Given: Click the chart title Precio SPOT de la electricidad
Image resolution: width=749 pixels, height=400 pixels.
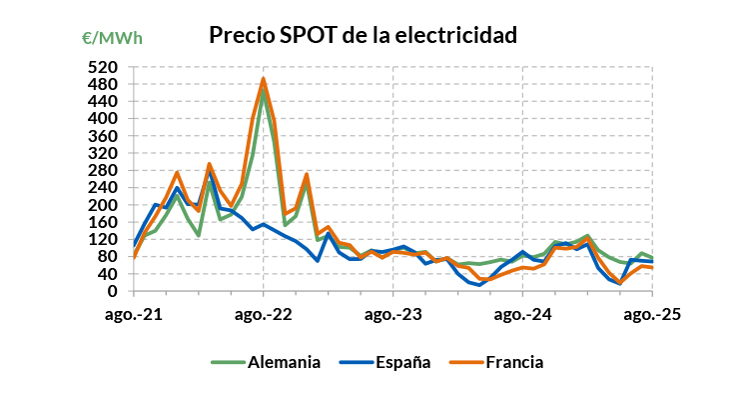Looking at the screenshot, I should (x=363, y=36).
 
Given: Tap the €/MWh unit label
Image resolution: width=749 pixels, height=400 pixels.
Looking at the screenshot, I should (x=112, y=39).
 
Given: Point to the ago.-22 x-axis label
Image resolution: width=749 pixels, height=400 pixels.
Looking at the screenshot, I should (x=263, y=314).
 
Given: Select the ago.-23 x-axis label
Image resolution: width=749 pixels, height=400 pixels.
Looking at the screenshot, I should (x=392, y=314).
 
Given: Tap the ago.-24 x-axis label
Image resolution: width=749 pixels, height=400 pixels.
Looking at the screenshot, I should (x=522, y=314).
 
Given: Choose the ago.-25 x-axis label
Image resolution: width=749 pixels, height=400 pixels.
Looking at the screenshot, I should (x=652, y=314).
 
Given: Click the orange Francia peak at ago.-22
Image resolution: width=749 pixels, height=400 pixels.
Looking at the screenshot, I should (x=263, y=79).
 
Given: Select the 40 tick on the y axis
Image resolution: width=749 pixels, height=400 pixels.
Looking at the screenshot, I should (x=111, y=274).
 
